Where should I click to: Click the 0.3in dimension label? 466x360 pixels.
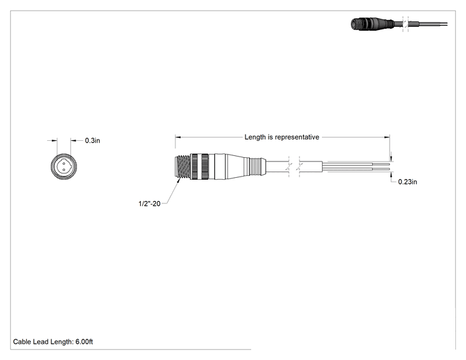[x=93, y=140]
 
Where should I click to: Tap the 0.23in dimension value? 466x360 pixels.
[x=408, y=182]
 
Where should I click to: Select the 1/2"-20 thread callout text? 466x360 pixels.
[x=150, y=203]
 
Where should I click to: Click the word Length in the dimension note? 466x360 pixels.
[x=255, y=137]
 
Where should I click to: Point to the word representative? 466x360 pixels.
[x=297, y=137]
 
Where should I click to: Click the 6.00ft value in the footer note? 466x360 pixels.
[x=84, y=342]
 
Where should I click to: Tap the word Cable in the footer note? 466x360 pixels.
[x=22, y=342]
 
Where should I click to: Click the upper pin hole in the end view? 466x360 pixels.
[x=64, y=163]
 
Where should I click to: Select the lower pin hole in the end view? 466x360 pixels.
[x=64, y=170]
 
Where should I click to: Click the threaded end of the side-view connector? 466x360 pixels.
[x=182, y=167]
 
